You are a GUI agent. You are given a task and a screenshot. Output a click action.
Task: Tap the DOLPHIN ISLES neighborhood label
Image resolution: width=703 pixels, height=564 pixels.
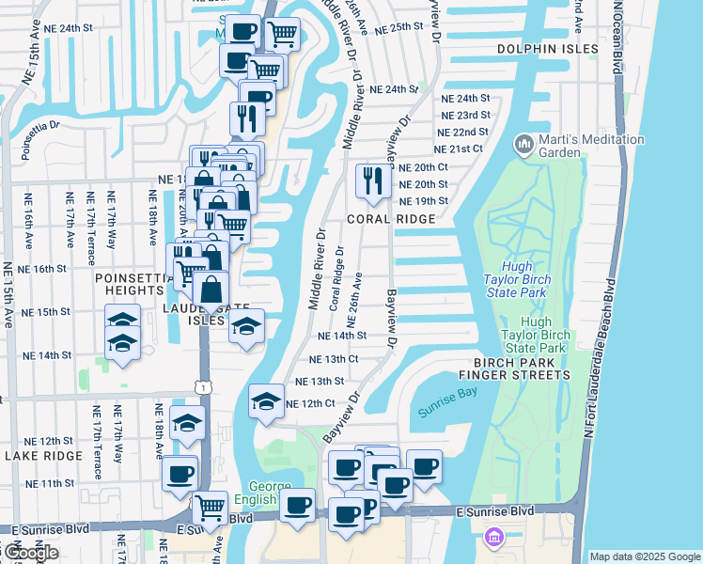(x=548, y=48)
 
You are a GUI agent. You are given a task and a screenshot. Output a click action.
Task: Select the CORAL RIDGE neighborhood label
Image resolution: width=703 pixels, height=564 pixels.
(x=391, y=219)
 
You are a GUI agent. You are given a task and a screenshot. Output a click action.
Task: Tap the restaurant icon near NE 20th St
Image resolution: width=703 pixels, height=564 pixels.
(x=373, y=181)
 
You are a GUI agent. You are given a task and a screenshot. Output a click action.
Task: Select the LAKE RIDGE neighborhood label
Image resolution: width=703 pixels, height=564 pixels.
(x=43, y=455)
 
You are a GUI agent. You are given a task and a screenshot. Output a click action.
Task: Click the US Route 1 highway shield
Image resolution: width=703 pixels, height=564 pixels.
(x=204, y=387)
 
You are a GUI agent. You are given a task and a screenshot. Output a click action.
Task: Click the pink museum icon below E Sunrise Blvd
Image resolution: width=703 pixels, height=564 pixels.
(x=492, y=538)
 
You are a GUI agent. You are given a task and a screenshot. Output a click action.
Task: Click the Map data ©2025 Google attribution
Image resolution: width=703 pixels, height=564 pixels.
(x=644, y=556)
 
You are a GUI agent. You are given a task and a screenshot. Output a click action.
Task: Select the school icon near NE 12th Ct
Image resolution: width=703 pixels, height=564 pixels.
(x=267, y=401)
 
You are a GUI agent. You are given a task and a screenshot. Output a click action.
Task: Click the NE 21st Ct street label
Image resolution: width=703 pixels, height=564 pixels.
(x=458, y=149)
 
